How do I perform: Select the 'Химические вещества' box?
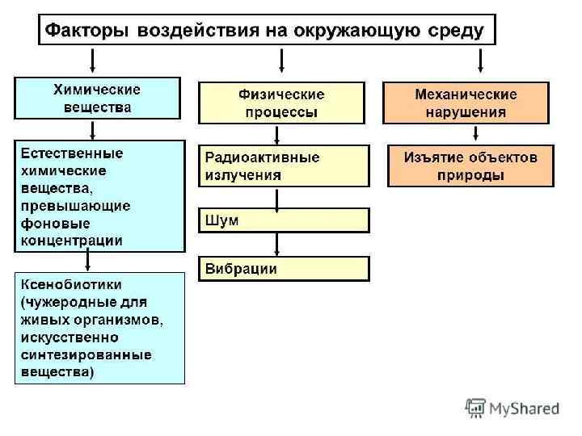point(96,98)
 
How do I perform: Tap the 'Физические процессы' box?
point(281,103)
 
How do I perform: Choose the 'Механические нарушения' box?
point(466,103)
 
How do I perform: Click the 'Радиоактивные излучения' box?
point(284,165)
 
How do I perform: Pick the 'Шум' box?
point(284,220)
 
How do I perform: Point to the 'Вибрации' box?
point(284,269)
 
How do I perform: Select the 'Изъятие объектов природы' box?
point(470,165)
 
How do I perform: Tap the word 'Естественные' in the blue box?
point(71,153)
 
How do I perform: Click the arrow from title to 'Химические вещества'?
point(94,61)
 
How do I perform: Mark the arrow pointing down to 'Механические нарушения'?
point(482,61)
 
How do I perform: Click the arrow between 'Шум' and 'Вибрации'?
point(278,244)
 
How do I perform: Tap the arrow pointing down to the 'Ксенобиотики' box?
point(88,260)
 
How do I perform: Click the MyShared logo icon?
point(477,408)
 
